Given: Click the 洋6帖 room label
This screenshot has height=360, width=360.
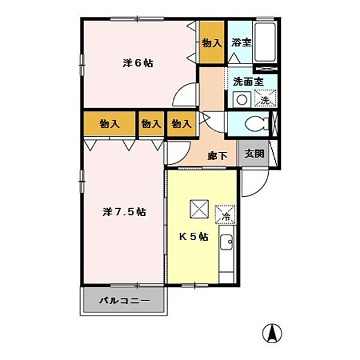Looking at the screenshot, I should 137,64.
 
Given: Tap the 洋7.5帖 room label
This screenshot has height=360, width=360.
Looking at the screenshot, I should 124,211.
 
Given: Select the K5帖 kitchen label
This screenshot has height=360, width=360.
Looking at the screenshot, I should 194,236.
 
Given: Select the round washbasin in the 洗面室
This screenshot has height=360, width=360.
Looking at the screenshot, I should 242,100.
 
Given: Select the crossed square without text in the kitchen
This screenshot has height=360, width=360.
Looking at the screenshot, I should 199,208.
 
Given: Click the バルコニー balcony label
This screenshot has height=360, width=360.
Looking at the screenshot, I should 124,301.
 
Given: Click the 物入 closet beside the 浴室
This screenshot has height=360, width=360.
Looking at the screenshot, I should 211,43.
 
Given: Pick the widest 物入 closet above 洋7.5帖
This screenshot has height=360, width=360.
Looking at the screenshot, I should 109,124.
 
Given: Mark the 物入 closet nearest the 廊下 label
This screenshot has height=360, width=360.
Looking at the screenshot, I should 181,124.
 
